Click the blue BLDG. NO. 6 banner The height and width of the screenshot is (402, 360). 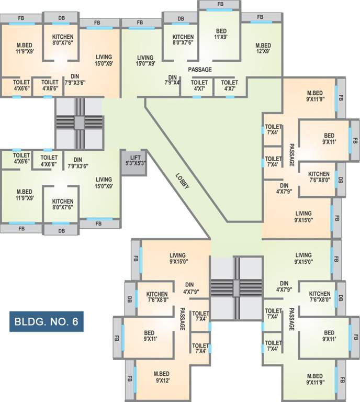pos(46,321)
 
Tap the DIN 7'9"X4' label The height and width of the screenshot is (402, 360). pos(173,80)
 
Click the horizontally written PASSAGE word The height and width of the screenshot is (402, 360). pos(199,69)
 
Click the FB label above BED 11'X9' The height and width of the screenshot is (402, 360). pos(220,5)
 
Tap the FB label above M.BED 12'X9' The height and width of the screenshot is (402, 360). pos(260,17)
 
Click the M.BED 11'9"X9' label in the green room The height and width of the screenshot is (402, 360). pos(25,195)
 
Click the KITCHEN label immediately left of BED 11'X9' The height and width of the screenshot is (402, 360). pos(183,40)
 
